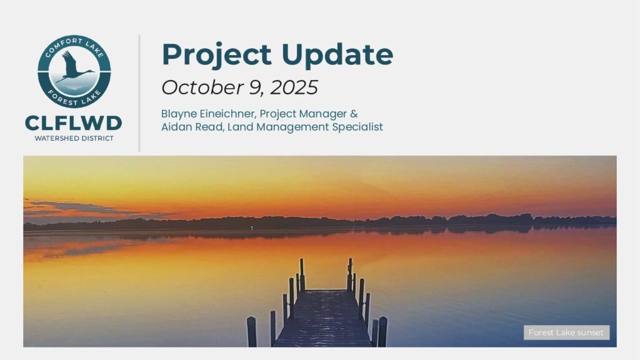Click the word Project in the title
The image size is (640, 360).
[217, 56]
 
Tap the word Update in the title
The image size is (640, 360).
[337, 56]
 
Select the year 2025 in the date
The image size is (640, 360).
[294, 87]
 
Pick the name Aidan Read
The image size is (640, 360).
[192, 127]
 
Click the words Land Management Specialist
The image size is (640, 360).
[305, 127]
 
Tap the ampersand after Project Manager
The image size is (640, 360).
[354, 114]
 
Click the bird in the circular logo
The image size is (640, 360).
[74, 66]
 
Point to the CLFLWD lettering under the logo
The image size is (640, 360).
[74, 123]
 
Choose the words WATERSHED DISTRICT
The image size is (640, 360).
[74, 138]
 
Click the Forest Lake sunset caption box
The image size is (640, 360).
[566, 332]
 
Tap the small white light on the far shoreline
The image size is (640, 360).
[252, 227]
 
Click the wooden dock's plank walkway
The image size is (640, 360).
[323, 318]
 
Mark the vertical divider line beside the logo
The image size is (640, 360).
[139, 94]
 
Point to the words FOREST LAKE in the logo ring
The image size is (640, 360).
[74, 98]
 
